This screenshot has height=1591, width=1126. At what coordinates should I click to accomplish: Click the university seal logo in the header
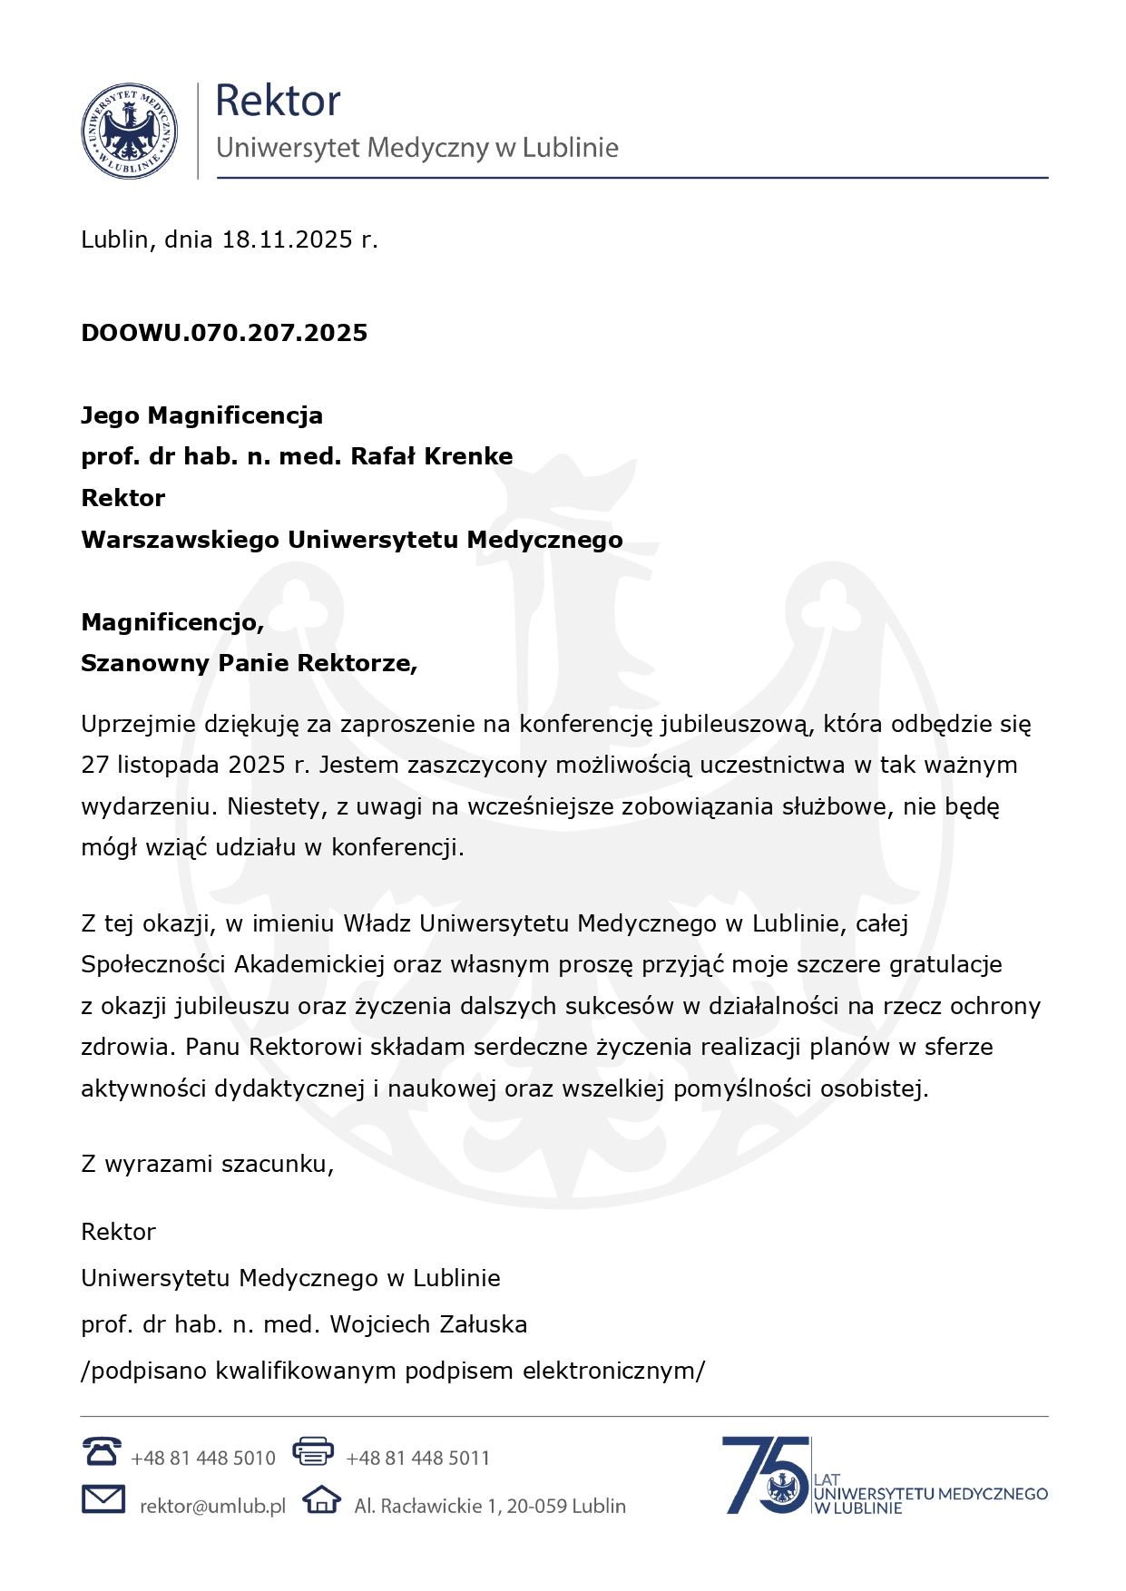129,132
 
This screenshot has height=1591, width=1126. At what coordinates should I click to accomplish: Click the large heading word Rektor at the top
278,101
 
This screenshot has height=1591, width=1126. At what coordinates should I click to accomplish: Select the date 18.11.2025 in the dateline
287,239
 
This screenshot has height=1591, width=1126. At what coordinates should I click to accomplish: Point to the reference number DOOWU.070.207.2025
224,333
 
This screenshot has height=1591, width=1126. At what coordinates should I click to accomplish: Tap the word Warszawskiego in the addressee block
181,540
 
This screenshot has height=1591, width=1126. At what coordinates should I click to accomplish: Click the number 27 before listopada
94,765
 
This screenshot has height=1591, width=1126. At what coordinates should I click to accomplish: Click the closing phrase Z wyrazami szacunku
207,1164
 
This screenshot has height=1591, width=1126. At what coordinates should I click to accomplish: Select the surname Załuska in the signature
484,1324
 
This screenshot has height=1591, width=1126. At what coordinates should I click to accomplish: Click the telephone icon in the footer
101,1451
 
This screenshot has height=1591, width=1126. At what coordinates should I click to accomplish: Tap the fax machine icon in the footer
313,1451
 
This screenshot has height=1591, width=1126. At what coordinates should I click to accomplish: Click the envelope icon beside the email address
103,1499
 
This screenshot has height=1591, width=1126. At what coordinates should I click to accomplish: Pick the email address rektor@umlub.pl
212,1506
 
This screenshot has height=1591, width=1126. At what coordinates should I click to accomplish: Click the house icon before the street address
321,1499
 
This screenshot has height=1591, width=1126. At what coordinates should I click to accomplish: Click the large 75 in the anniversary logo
764,1474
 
